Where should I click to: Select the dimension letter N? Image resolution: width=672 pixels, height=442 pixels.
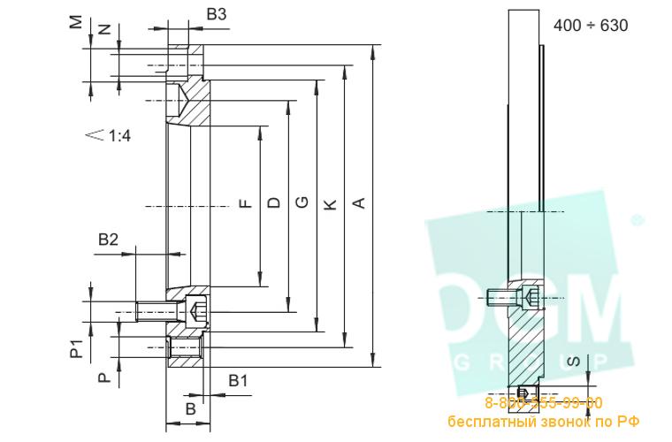coord(105,29)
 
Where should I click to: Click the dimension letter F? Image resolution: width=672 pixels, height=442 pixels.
coord(246,203)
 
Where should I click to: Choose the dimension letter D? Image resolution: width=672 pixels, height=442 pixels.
coord(274,203)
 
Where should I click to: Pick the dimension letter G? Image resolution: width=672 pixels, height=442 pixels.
coord(302,203)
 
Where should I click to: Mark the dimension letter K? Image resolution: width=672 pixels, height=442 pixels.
coord(330,204)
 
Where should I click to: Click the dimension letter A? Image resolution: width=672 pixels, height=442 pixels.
coord(358,204)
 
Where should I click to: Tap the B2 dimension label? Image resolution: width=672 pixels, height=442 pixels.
coord(108,239)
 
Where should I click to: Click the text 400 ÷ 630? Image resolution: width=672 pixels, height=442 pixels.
coord(591,26)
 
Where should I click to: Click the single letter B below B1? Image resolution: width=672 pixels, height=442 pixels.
coord(190,408)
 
